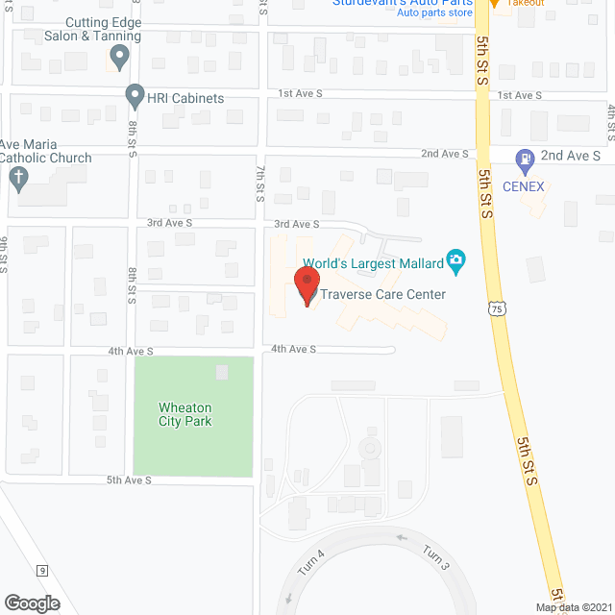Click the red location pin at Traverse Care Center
[306, 286]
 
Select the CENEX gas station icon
[525, 160]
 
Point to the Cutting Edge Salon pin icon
[119, 58]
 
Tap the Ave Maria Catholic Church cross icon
[16, 178]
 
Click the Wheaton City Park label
[185, 414]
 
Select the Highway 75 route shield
[495, 307]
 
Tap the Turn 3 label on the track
[434, 557]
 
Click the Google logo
[31, 603]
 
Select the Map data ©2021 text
[573, 607]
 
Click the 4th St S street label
[609, 118]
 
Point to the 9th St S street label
[5, 254]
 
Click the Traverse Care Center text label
[382, 294]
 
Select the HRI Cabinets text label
[186, 98]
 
